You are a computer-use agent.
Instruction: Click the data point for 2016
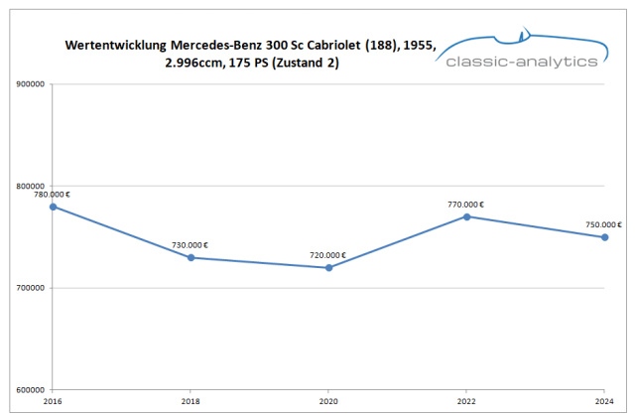(53, 207)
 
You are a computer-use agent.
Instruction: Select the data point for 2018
(190, 257)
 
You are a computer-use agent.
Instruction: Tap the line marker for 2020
(328, 267)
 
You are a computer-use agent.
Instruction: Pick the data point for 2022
(466, 216)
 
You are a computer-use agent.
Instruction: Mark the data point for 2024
(604, 236)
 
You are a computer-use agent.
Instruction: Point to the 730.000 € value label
(190, 245)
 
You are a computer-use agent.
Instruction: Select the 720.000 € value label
(328, 255)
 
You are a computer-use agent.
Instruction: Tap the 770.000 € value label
(466, 205)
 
